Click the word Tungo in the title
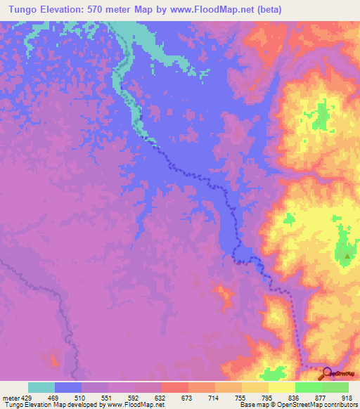[21, 8]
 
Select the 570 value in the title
[109, 8]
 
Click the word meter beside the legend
[12, 397]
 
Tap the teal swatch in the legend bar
[41, 387]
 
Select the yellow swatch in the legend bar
[282, 387]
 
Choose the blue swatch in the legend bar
[68, 387]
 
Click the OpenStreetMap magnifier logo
[327, 373]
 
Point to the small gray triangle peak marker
[347, 257]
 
